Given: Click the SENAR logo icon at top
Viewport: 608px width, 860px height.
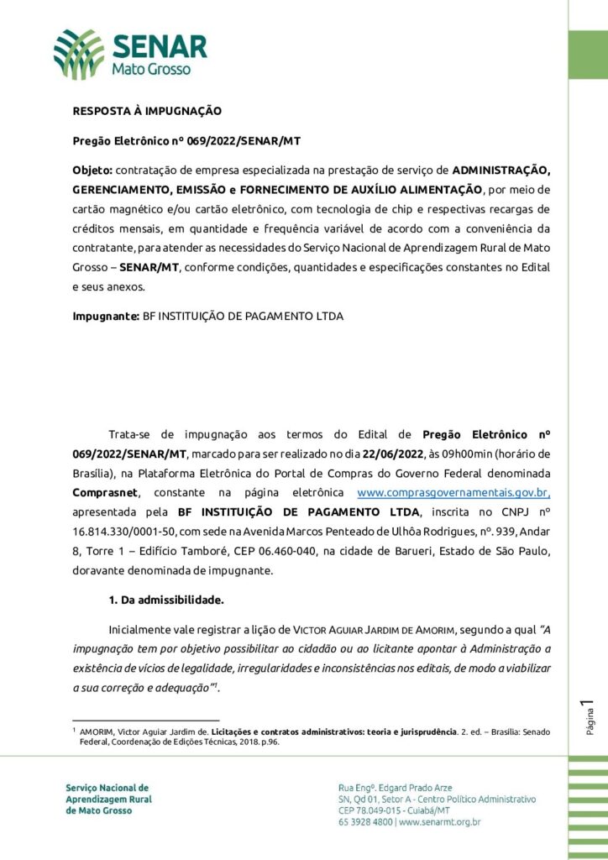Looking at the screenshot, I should (x=79, y=53).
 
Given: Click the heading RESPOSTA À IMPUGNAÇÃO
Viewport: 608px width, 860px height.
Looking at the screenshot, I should (x=147, y=110).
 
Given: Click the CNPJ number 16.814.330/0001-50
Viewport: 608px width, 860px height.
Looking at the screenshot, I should (x=120, y=530).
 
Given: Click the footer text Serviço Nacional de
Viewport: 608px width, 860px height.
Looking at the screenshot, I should (x=107, y=788).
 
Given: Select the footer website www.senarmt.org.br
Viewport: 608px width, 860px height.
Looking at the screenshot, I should (x=439, y=822).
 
